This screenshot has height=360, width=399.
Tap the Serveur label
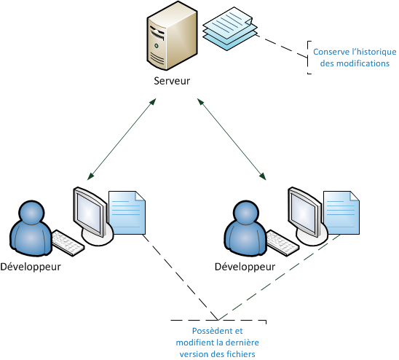tap(172, 81)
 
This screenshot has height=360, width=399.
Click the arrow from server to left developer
tap(121, 138)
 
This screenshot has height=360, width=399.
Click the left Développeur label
tap(31, 266)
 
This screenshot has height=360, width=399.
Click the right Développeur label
tap(245, 266)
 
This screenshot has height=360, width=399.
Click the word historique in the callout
tap(372, 52)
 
